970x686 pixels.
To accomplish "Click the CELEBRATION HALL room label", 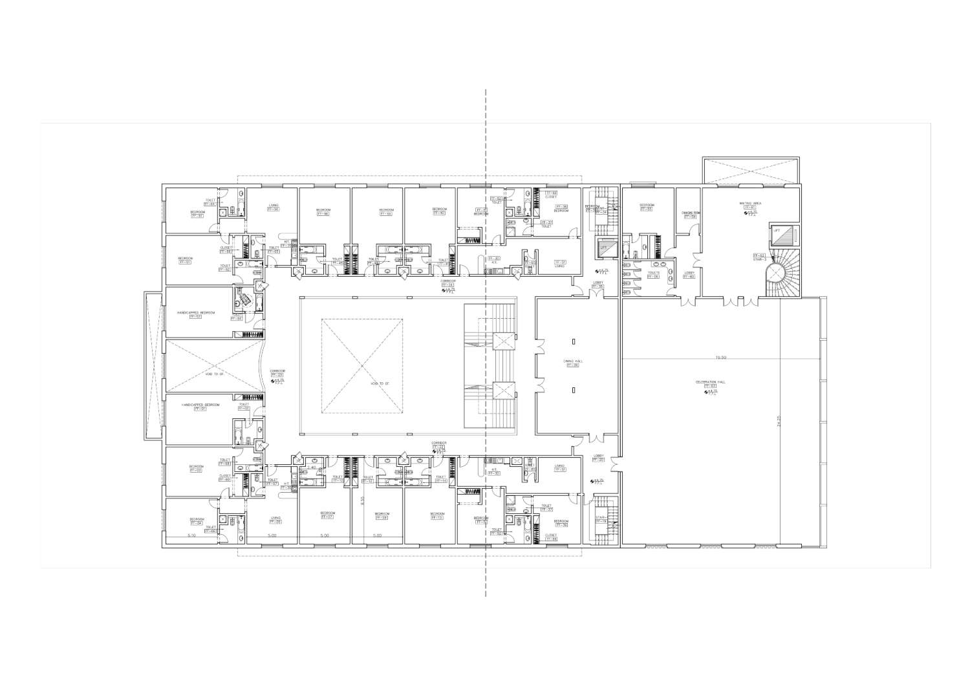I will [710, 382].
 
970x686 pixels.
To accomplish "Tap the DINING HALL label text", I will [572, 361].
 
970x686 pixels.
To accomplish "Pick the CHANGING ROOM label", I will [688, 213].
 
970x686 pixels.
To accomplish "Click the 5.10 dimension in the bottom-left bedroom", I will [191, 535].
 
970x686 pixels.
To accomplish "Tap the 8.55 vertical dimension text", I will [363, 500].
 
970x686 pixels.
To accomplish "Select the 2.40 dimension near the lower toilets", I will [312, 467].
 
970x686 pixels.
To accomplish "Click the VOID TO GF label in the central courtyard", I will [362, 384].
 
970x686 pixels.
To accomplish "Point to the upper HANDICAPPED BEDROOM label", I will [196, 312].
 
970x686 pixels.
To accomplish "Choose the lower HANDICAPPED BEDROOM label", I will [200, 405].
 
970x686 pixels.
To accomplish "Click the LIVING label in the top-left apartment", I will [274, 206].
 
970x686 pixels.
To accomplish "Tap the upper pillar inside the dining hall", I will [573, 339].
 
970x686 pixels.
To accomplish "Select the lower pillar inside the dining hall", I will [573, 389].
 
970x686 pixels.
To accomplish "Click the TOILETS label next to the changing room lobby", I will [653, 272].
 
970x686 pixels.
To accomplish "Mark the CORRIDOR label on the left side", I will [277, 371].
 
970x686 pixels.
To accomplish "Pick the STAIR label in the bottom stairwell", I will [599, 518].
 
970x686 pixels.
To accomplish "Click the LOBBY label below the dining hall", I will [598, 455].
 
